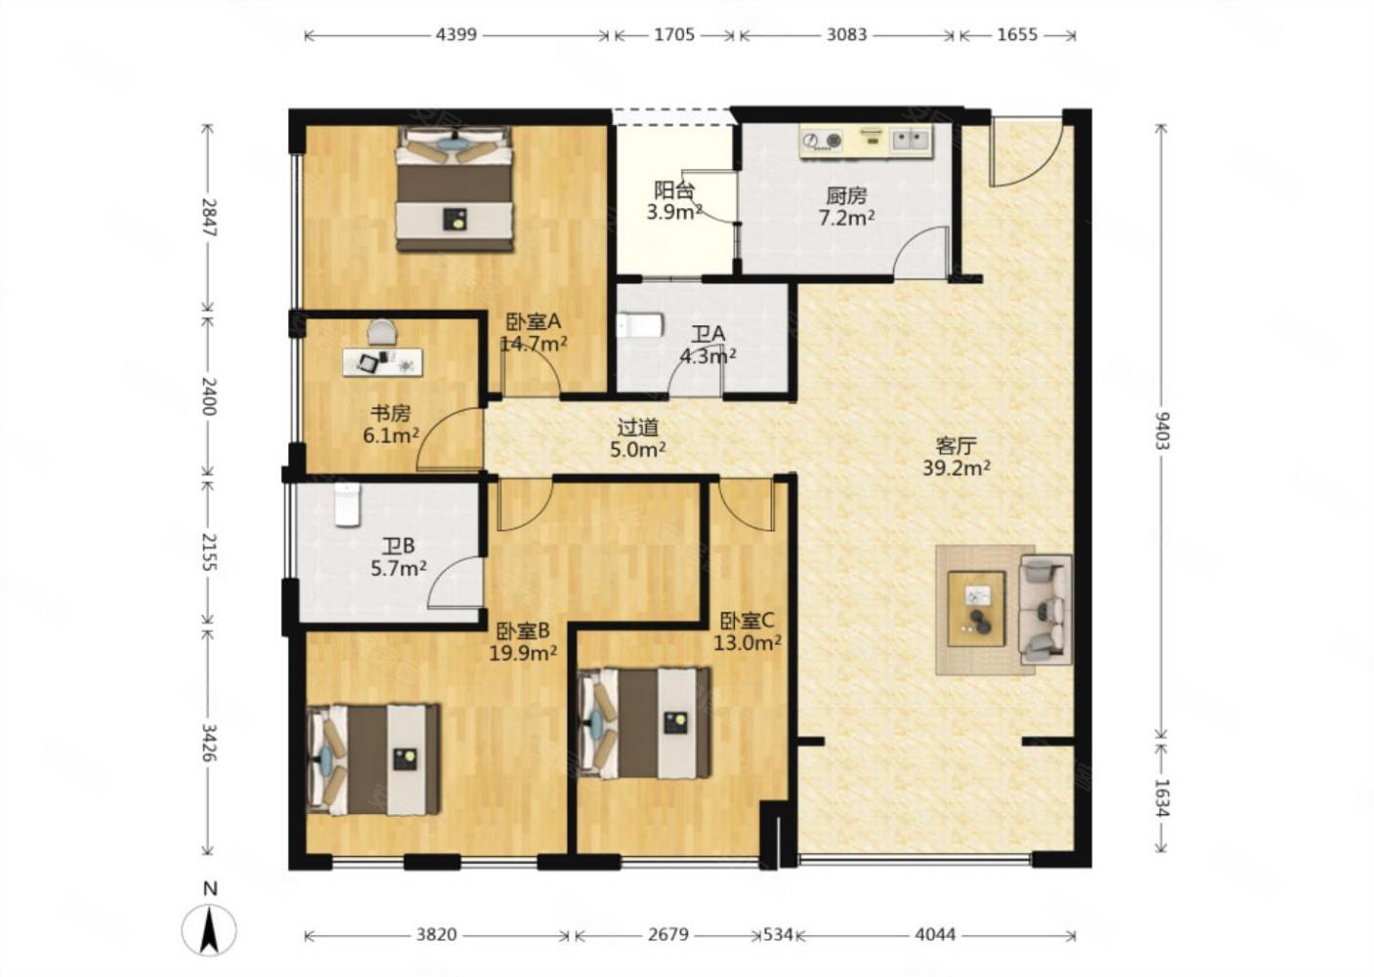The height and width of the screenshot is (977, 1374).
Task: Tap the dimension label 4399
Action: click(455, 35)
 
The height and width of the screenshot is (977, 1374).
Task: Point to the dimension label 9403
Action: click(1162, 431)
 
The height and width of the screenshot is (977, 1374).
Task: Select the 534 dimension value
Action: click(777, 935)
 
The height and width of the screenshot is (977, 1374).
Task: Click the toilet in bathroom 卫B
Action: click(347, 505)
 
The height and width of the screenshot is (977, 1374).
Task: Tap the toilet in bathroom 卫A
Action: click(640, 325)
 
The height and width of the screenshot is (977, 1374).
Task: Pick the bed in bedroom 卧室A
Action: click(454, 189)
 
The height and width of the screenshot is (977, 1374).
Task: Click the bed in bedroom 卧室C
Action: click(644, 724)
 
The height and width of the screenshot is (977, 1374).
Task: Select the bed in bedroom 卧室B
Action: click(373, 760)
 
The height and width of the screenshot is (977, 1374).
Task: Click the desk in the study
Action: click(383, 361)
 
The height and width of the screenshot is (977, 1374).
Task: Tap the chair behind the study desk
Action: click(382, 332)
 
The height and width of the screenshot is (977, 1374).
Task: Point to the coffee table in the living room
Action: click(976, 609)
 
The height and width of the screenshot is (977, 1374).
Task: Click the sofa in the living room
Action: click(1046, 611)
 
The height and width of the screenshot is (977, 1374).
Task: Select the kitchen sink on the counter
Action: click(911, 141)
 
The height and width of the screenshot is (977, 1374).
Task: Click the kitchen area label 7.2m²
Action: click(846, 217)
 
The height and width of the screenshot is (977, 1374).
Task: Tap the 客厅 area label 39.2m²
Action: click(957, 469)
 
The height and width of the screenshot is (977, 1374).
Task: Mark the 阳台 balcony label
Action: click(673, 191)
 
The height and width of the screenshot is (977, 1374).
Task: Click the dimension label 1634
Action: click(1162, 798)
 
